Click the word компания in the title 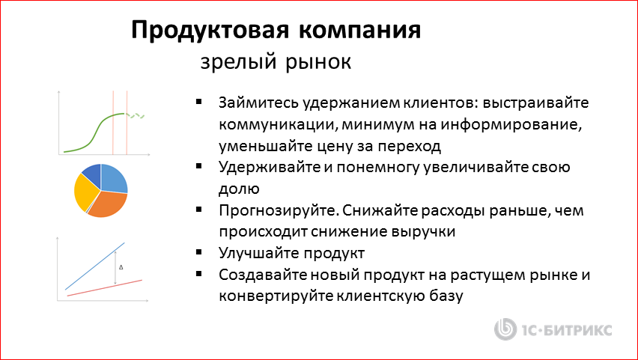[x=361, y=30]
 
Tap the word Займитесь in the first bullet [x=256, y=103]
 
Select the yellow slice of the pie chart [x=84, y=192]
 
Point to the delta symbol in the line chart [x=121, y=266]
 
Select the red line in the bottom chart [x=105, y=288]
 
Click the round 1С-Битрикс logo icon [x=506, y=330]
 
